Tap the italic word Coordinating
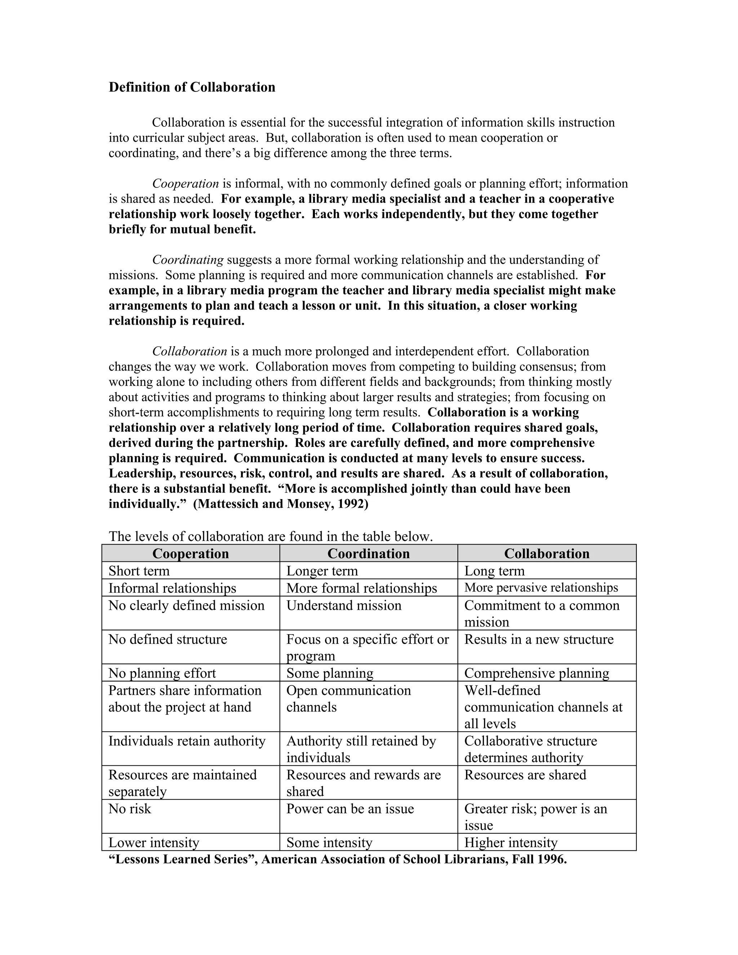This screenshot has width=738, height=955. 188,260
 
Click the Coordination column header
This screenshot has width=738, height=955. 368,554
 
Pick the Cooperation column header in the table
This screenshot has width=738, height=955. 191,554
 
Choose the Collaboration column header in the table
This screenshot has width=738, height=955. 547,554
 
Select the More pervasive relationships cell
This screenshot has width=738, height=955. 541,587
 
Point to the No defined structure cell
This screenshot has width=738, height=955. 168,639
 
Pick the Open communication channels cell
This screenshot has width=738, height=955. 348,698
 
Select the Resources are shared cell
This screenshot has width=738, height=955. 525,775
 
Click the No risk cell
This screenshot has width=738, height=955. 130,809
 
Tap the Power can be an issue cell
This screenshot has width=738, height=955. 350,809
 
